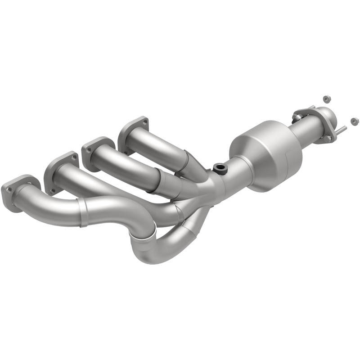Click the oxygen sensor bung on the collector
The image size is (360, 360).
tap(220, 169)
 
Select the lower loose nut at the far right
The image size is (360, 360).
tap(354, 121)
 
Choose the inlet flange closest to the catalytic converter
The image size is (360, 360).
tap(134, 130)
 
